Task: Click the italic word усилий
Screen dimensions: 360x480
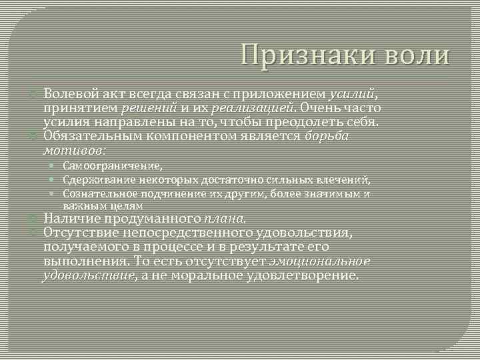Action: coord(352,93)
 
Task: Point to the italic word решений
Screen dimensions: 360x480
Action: coord(148,108)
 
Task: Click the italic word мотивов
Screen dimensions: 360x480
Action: coord(73,150)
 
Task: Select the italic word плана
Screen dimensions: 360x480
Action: coord(225,218)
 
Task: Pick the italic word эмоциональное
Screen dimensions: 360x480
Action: coord(319,261)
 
